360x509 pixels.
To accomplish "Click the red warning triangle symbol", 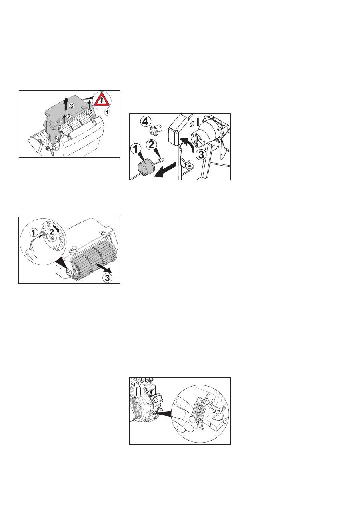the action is (x=102, y=100).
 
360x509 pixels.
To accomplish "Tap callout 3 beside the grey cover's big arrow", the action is (x=72, y=106).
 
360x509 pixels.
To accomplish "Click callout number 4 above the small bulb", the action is (x=145, y=122).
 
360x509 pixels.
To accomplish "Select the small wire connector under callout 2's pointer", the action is (x=161, y=160).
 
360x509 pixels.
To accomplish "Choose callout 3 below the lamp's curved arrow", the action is (x=201, y=155).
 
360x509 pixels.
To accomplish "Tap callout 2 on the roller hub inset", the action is (x=52, y=232).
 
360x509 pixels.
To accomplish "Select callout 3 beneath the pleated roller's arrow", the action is (x=107, y=277).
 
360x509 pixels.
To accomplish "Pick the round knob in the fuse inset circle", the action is (x=218, y=415).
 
